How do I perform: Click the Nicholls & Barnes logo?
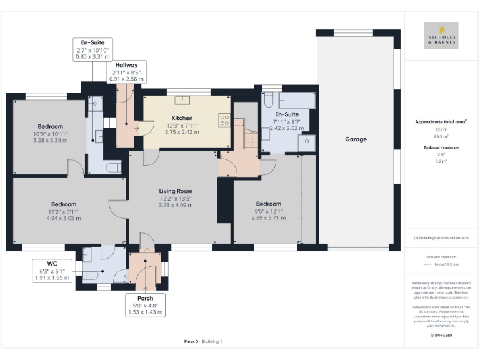coord(441,36)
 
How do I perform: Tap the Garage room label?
coord(356,139)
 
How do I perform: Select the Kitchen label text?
coord(182,117)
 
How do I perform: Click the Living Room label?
coord(176,191)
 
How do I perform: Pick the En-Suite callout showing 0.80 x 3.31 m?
coord(92,49)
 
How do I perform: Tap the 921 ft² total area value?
coord(441,129)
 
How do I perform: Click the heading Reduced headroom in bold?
coord(441,147)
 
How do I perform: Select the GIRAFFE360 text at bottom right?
coord(441,336)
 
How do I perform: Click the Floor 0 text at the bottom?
coord(191,341)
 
